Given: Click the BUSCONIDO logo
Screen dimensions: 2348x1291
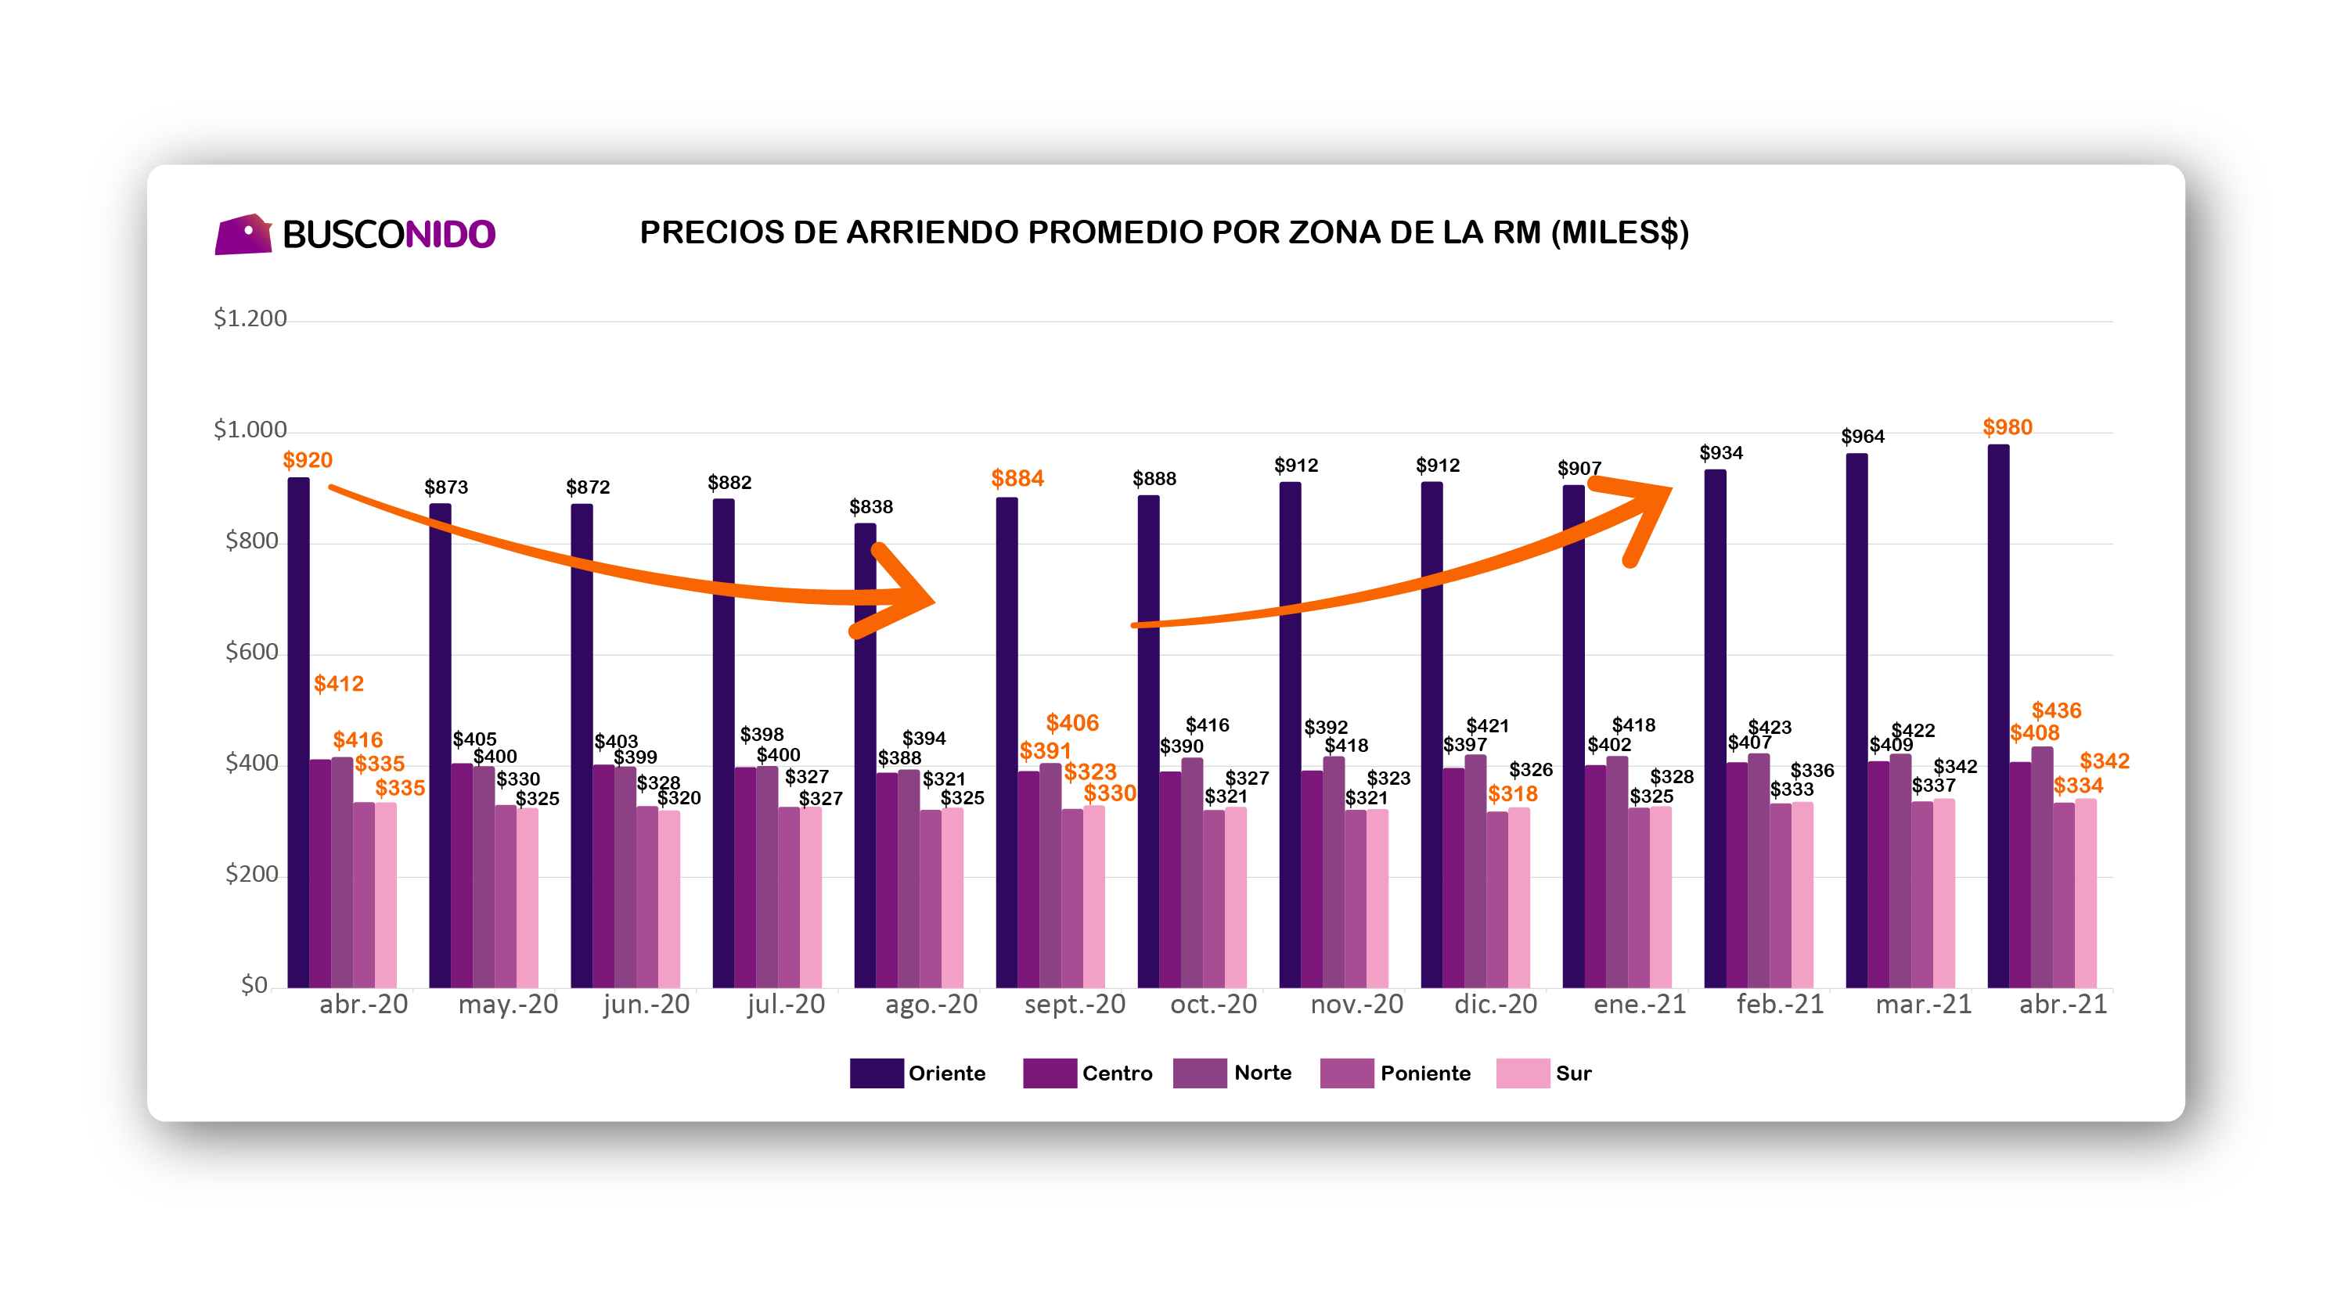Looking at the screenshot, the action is [355, 234].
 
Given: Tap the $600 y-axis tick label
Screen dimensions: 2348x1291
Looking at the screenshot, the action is [251, 652].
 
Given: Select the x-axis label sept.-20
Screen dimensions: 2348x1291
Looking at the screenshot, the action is [1075, 1004].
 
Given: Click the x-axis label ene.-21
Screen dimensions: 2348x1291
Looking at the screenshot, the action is [1639, 1004].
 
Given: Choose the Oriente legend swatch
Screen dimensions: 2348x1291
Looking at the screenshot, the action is [876, 1073].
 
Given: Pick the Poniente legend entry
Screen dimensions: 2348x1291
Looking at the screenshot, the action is [1395, 1073].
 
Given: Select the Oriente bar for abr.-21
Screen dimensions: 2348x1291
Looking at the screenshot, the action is [1998, 716].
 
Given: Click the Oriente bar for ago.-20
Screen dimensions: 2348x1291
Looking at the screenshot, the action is [865, 755].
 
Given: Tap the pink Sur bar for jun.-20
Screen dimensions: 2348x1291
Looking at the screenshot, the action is [669, 899].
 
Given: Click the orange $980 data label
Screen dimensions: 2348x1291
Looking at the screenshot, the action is [2007, 427].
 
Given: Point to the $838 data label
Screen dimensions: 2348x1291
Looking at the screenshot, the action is [870, 506].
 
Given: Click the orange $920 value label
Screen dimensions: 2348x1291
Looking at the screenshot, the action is [307, 460].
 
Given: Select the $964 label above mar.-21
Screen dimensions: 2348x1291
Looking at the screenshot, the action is [1862, 437].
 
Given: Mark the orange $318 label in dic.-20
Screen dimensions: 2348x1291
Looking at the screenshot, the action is [1512, 793].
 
